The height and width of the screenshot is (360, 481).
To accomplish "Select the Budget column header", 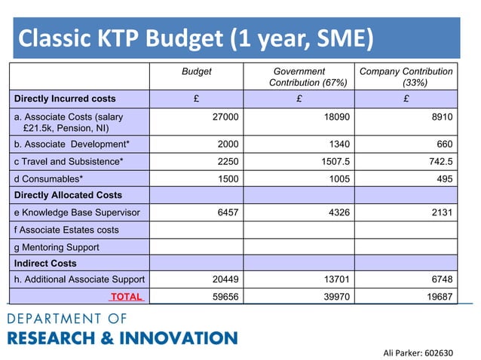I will click(198, 72).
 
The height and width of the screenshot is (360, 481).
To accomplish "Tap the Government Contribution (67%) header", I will click(299, 77).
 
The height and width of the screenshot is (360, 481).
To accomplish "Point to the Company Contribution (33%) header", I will click(406, 77).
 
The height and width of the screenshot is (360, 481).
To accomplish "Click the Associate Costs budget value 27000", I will click(226, 117).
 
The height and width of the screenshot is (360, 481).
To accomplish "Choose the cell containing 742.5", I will click(437, 161).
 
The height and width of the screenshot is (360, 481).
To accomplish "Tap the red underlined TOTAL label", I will click(126, 297).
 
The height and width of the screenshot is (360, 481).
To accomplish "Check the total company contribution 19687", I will click(439, 297).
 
